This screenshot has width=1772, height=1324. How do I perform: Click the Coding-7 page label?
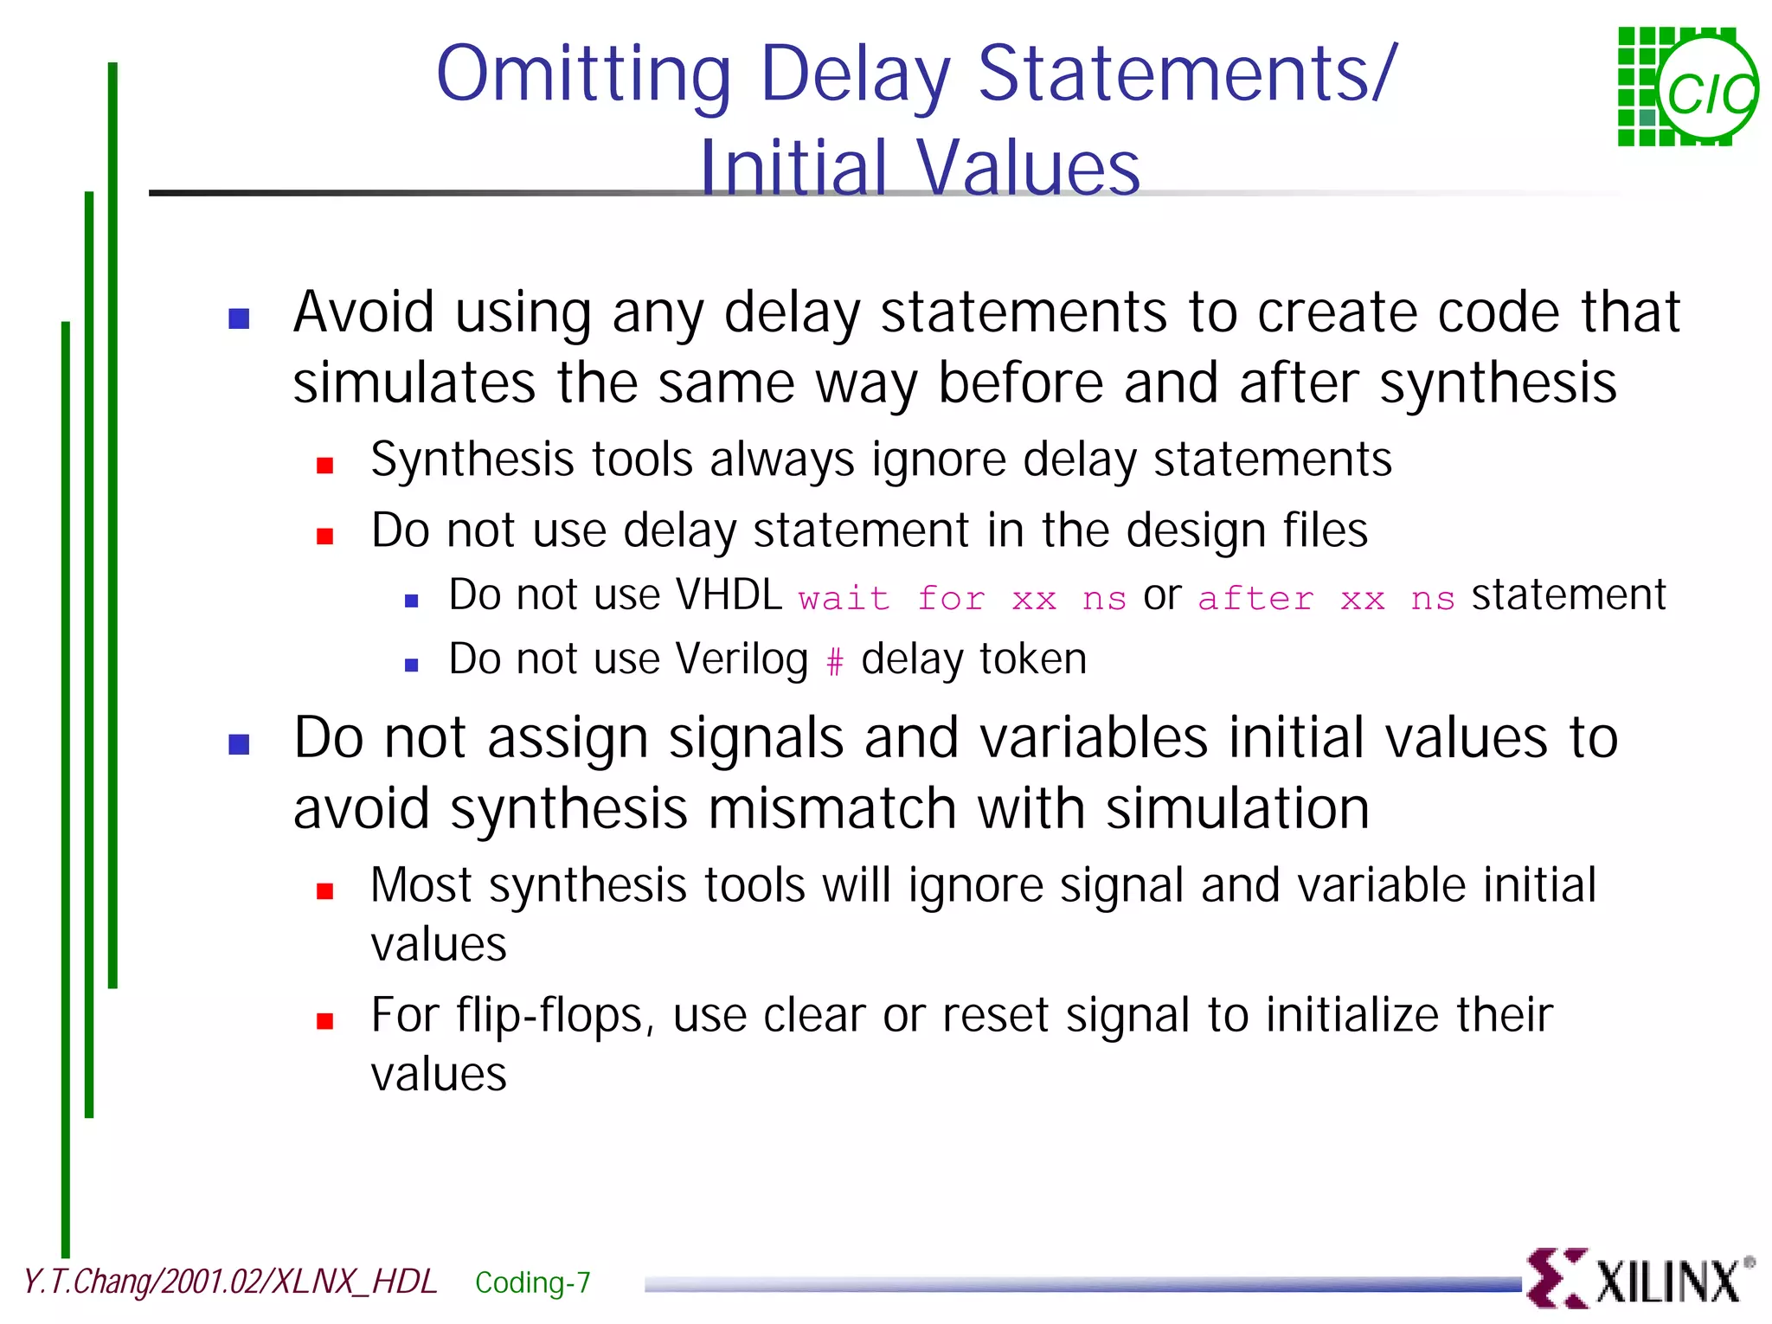point(532,1282)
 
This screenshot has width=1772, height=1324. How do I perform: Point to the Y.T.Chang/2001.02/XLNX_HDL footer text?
point(229,1282)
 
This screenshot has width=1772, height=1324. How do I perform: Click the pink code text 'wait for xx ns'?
point(961,598)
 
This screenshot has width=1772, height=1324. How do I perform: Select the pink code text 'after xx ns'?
point(1326,598)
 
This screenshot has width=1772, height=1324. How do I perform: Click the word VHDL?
point(729,595)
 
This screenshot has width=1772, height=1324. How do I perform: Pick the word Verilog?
point(742,659)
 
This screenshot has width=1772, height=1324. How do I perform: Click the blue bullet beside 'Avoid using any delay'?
point(239,318)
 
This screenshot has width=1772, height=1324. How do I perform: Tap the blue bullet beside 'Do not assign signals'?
point(239,744)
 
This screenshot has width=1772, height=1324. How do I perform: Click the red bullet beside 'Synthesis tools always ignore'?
point(325,466)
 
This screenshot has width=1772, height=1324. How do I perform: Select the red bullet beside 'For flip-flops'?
point(325,1021)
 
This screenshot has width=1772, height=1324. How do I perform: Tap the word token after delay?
point(1033,659)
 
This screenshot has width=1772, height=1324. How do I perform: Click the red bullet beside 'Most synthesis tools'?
point(325,891)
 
